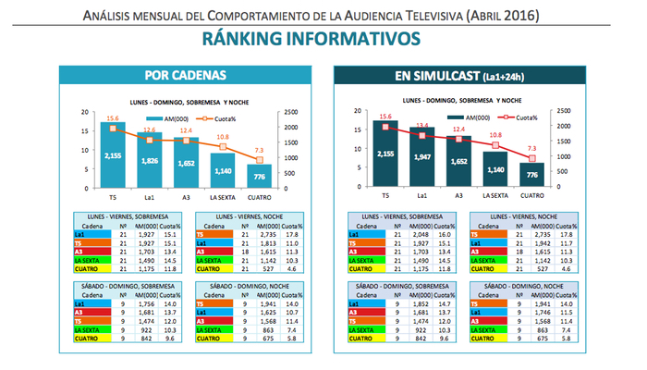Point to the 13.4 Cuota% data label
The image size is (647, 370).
421,126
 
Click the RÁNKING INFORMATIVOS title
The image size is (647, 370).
323,38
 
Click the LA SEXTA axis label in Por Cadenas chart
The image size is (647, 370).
221,196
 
